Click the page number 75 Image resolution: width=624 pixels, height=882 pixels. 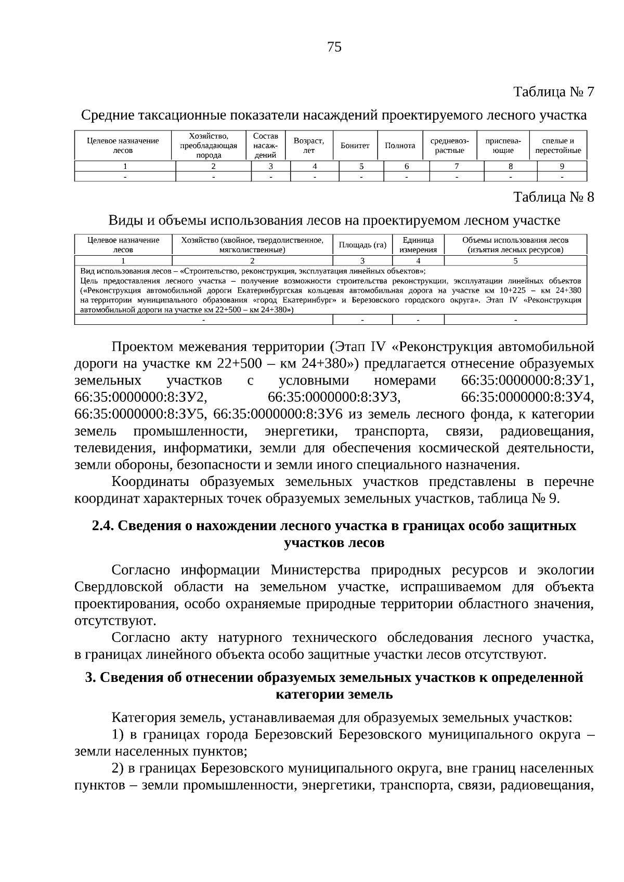tap(334, 48)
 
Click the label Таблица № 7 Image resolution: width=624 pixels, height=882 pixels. tap(553, 92)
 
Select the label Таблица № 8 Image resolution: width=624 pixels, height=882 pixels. tap(553, 198)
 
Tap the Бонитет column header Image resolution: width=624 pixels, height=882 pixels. tap(355, 146)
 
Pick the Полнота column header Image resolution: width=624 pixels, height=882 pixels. tap(400, 146)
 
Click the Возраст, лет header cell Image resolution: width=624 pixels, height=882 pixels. tap(309, 146)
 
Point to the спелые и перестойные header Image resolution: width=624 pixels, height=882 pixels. tap(558, 146)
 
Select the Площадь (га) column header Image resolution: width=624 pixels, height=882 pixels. tap(362, 245)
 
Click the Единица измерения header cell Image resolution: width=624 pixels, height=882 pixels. tap(418, 245)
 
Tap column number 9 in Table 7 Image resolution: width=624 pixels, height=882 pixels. tap(562, 167)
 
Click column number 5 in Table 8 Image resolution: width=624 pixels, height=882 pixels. tap(515, 261)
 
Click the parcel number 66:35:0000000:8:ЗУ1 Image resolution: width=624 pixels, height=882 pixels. tap(527, 381)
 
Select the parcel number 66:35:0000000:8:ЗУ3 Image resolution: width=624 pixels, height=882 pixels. tap(334, 398)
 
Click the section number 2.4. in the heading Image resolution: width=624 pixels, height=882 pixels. tap(103, 526)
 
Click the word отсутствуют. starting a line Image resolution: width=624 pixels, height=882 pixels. tap(115, 621)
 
